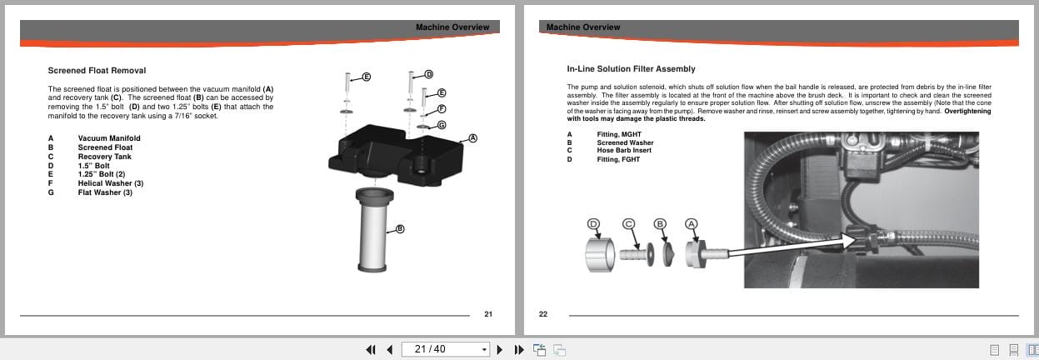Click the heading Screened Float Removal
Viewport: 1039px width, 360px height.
(x=97, y=71)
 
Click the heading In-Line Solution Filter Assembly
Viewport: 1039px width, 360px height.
(x=631, y=69)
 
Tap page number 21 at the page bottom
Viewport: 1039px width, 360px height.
(x=488, y=314)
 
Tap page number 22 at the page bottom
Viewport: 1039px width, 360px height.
(x=543, y=314)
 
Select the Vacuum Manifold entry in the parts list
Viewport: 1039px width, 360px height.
(x=109, y=138)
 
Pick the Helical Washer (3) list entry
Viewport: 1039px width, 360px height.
(x=111, y=183)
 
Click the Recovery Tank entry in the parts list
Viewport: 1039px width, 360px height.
(x=106, y=157)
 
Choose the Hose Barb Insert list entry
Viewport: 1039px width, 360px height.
(x=623, y=150)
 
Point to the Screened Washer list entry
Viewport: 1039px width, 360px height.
(x=625, y=142)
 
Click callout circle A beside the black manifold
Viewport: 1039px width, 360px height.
(x=472, y=137)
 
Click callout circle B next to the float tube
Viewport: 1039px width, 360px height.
(x=400, y=229)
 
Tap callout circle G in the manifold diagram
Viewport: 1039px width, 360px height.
(x=442, y=125)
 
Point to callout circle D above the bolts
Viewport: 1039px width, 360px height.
(x=429, y=74)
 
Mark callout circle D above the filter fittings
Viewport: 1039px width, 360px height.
(x=594, y=223)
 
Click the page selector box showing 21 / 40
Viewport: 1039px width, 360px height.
(x=446, y=349)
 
